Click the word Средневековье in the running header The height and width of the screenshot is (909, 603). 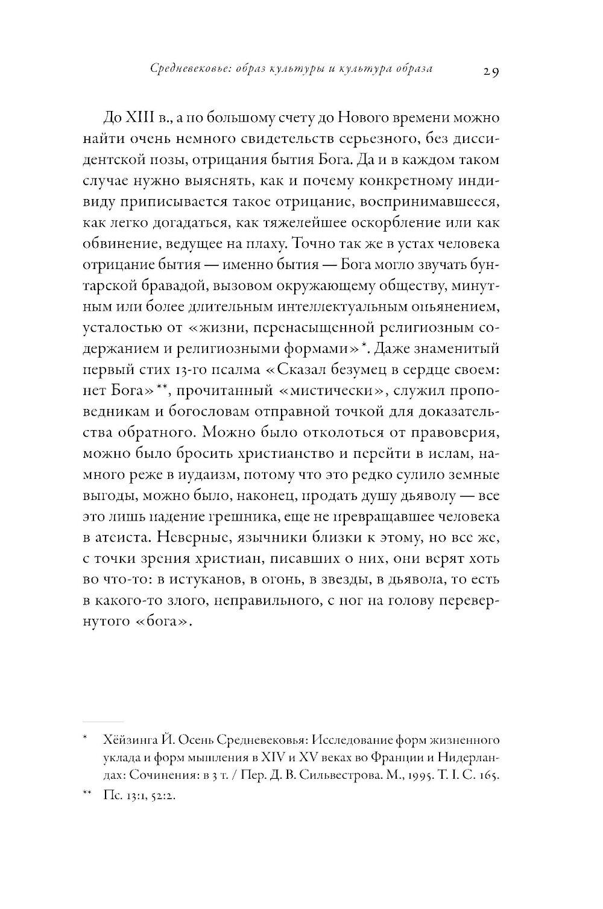[188, 69]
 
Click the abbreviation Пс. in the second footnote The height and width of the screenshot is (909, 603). [112, 796]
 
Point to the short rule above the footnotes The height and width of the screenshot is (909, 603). [103, 721]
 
